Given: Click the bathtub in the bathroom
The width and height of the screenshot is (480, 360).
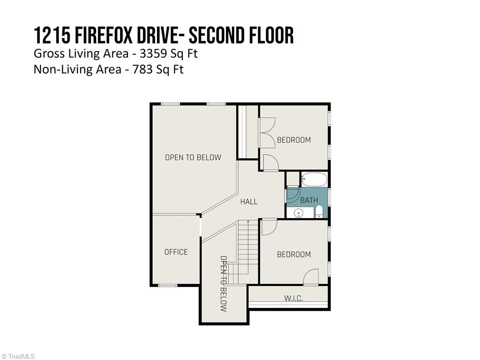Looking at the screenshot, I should coord(314,180).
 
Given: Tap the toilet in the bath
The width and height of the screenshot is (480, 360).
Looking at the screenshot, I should coord(319,212).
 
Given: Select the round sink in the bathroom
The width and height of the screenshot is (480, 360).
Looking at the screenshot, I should coord(299,213).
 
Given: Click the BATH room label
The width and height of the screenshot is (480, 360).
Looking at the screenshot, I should coord(309,200).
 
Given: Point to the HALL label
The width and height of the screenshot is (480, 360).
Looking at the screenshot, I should coord(249,202).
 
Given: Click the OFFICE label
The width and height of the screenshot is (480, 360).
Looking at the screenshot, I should coord(176,252).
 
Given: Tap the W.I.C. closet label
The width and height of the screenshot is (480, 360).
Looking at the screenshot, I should coord(293,299).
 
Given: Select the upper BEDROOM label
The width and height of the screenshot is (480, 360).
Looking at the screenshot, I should coord(294,140).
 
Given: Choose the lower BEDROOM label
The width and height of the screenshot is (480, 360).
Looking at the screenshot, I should coord(294,255).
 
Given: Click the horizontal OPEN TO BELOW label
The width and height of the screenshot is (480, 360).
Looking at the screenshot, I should coord(193,157).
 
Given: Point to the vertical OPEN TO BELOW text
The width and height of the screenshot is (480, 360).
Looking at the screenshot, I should coord(224,284).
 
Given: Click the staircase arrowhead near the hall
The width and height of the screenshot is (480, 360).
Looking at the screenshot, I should coord(247,222).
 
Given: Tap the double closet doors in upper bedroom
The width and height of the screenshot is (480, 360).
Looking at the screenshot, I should coord(268,133).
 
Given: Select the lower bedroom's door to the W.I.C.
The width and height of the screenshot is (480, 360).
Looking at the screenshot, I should coord(311,277).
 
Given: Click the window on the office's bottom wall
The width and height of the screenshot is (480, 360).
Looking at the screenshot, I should coord(167,285).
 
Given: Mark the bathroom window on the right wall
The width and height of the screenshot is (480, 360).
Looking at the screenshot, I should coord(330,196).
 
